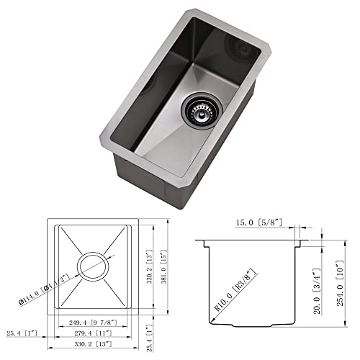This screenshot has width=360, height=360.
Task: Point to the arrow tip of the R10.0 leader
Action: click(x=213, y=312)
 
